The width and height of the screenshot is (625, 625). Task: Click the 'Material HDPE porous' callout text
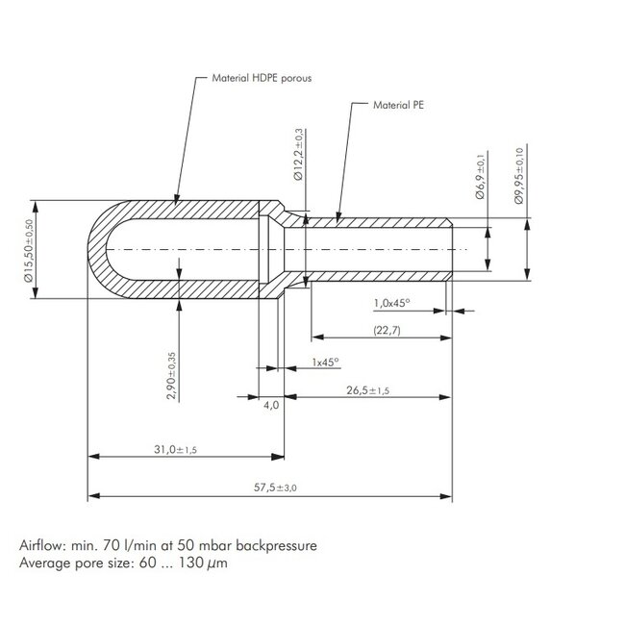pyautogui.click(x=262, y=78)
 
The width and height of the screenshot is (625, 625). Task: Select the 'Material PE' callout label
pyautogui.click(x=398, y=105)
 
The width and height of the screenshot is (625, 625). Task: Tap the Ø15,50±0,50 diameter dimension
pyautogui.click(x=29, y=251)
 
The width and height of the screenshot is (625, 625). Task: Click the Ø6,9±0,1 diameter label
pyautogui.click(x=481, y=177)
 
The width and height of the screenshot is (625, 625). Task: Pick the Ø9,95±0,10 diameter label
pyautogui.click(x=519, y=176)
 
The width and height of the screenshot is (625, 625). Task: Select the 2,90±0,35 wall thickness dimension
pyautogui.click(x=171, y=375)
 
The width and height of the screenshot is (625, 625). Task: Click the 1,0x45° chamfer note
pyautogui.click(x=391, y=303)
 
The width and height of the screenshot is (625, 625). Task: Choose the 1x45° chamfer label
pyautogui.click(x=325, y=362)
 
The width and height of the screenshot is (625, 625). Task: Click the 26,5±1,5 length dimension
pyautogui.click(x=367, y=390)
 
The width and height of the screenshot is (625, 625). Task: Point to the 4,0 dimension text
pyautogui.click(x=271, y=406)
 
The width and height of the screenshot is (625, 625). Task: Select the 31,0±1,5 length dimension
pyautogui.click(x=175, y=450)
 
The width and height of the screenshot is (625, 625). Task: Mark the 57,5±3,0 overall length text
pyautogui.click(x=275, y=487)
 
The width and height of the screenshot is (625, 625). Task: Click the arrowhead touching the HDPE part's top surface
pyautogui.click(x=177, y=200)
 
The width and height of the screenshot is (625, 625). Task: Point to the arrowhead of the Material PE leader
pyautogui.click(x=338, y=217)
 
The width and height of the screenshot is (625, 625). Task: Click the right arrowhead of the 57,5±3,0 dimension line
pyautogui.click(x=446, y=496)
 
